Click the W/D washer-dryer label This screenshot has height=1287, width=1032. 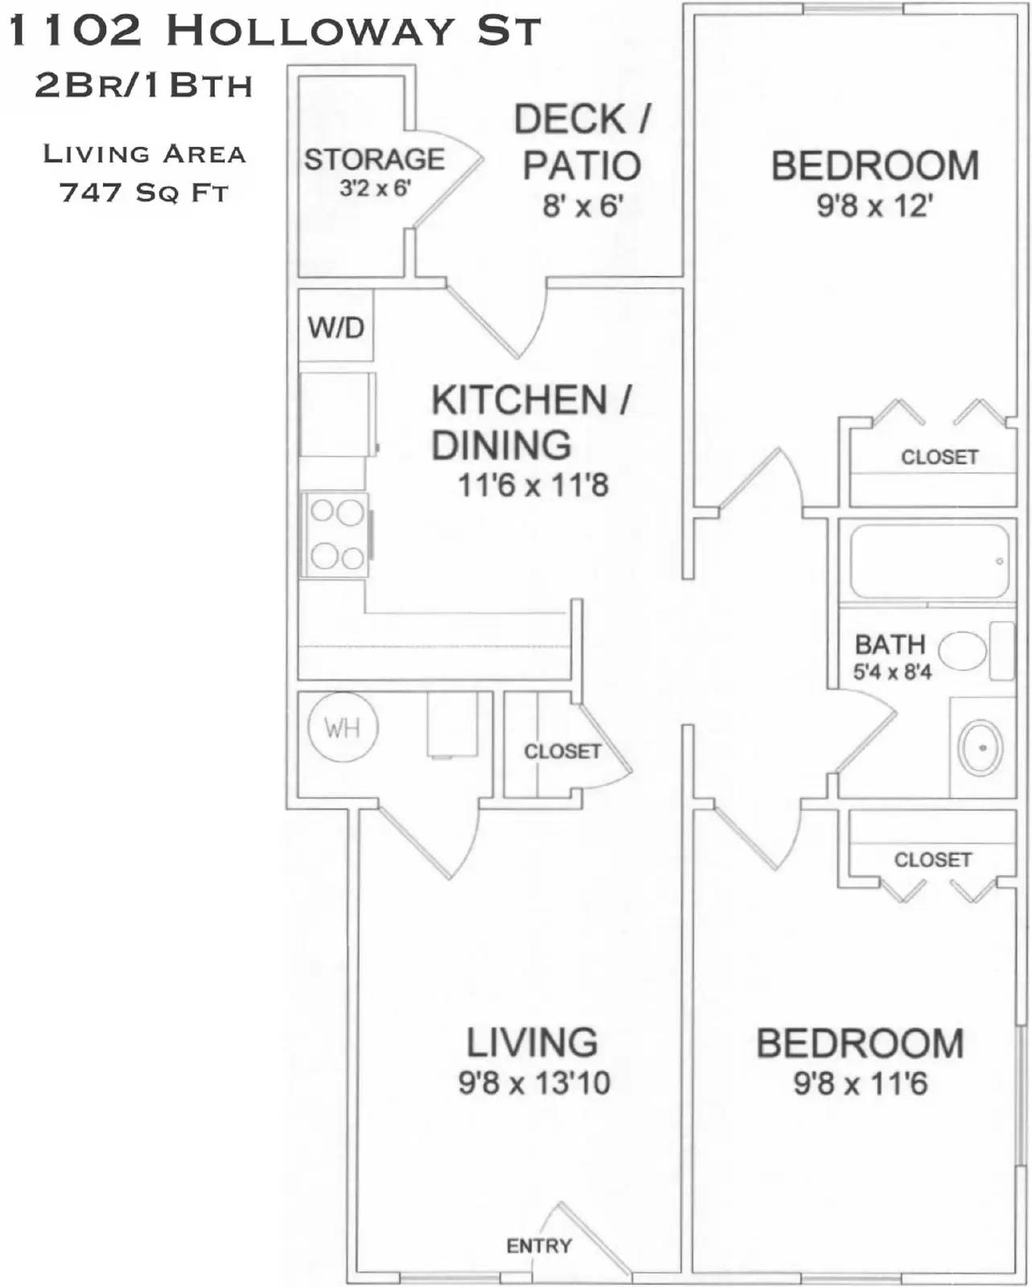click(x=335, y=327)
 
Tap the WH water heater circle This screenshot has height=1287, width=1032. click(x=343, y=728)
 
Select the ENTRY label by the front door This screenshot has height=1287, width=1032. click(x=538, y=1246)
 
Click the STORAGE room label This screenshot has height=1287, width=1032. click(x=374, y=159)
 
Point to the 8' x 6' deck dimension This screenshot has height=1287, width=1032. click(x=582, y=206)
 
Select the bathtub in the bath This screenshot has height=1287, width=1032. click(x=929, y=561)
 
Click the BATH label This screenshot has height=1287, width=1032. click(x=890, y=644)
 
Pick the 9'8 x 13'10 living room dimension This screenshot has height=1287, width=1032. click(x=534, y=1083)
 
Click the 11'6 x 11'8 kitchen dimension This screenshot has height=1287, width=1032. click(x=532, y=485)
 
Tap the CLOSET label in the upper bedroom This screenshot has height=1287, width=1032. click(x=939, y=457)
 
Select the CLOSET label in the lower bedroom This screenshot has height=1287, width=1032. click(x=932, y=859)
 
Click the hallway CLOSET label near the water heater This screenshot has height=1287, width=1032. click(x=562, y=751)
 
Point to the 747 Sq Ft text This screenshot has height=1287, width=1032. click(x=144, y=193)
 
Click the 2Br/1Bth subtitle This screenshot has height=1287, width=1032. click(x=144, y=85)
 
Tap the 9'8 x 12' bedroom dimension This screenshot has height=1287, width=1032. click(x=874, y=206)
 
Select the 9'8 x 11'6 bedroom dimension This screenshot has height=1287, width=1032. click(x=860, y=1083)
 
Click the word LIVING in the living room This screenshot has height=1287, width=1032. click(x=532, y=1042)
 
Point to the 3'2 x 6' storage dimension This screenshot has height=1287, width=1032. click(x=375, y=188)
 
